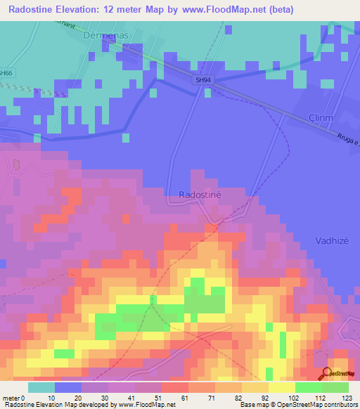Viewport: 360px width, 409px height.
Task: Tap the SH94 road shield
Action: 203,80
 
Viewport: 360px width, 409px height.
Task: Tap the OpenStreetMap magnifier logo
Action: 328,373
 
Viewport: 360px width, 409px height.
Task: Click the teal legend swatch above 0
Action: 41,387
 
